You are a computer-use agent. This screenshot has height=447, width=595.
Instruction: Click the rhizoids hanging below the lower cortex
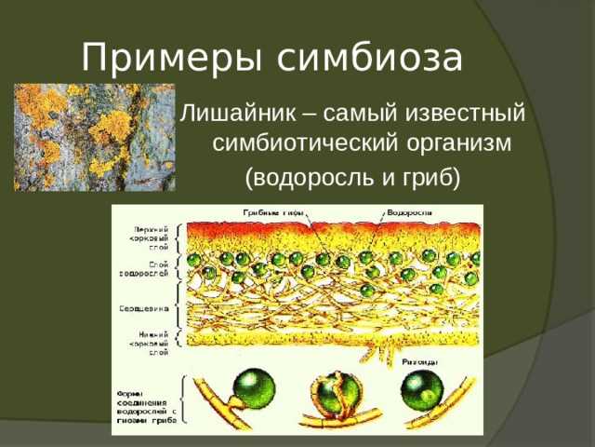372,352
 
